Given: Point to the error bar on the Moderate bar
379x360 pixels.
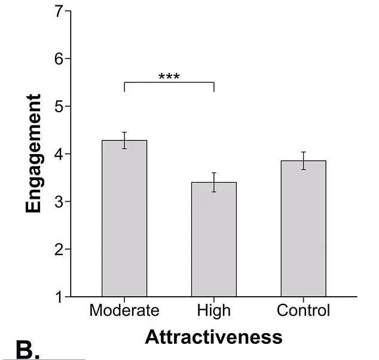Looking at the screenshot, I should tap(124, 140).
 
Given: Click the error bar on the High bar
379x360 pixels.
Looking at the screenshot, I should tap(214, 182).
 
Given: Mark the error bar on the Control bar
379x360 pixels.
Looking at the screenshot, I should tap(303, 161).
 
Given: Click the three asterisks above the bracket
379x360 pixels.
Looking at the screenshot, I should tap(169, 77).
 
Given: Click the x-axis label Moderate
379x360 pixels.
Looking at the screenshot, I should tap(124, 311).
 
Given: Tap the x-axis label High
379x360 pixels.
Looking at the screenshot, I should tap(214, 311).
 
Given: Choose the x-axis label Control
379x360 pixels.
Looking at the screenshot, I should tap(303, 311).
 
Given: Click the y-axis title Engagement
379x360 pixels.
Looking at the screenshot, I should tap(35, 153).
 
